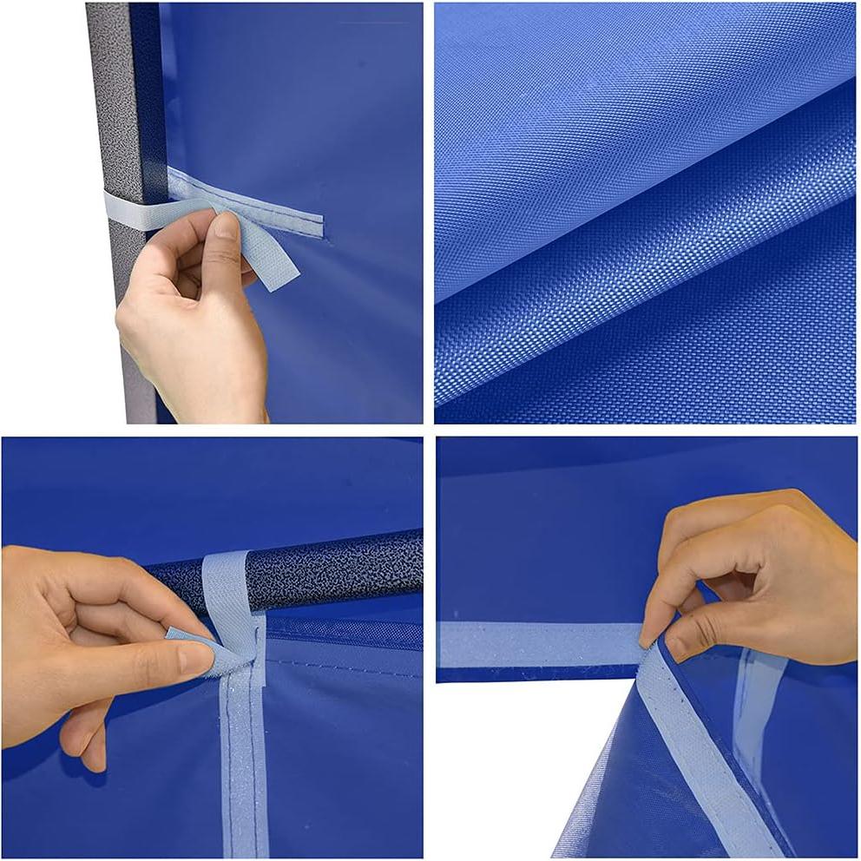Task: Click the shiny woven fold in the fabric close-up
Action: point(642,260)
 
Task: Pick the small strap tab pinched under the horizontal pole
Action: point(195,643)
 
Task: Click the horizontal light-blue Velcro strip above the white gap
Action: point(538,644)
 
